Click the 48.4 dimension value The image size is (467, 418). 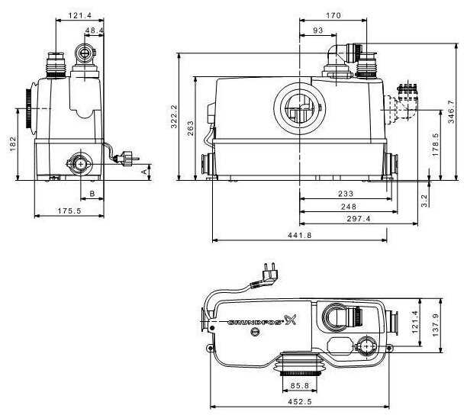click(94, 30)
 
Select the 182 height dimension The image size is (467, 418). click(14, 144)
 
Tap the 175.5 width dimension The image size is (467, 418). click(69, 211)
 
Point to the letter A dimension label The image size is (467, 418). click(144, 172)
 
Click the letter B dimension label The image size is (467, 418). click(92, 194)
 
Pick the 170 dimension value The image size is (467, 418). click(333, 15)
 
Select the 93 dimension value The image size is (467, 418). click(318, 31)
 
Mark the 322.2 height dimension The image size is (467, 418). click(174, 117)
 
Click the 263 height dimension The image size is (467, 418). click(190, 128)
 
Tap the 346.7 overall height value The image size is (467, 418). click(451, 111)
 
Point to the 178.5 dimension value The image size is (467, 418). click(436, 145)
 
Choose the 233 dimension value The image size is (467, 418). click(346, 194)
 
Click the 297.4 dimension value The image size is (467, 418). click(359, 219)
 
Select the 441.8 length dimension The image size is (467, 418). click(300, 235)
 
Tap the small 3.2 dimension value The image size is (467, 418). click(424, 201)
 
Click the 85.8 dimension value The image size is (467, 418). click(300, 385)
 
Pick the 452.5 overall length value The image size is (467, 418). click(300, 402)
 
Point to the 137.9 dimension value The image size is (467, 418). click(436, 325)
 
